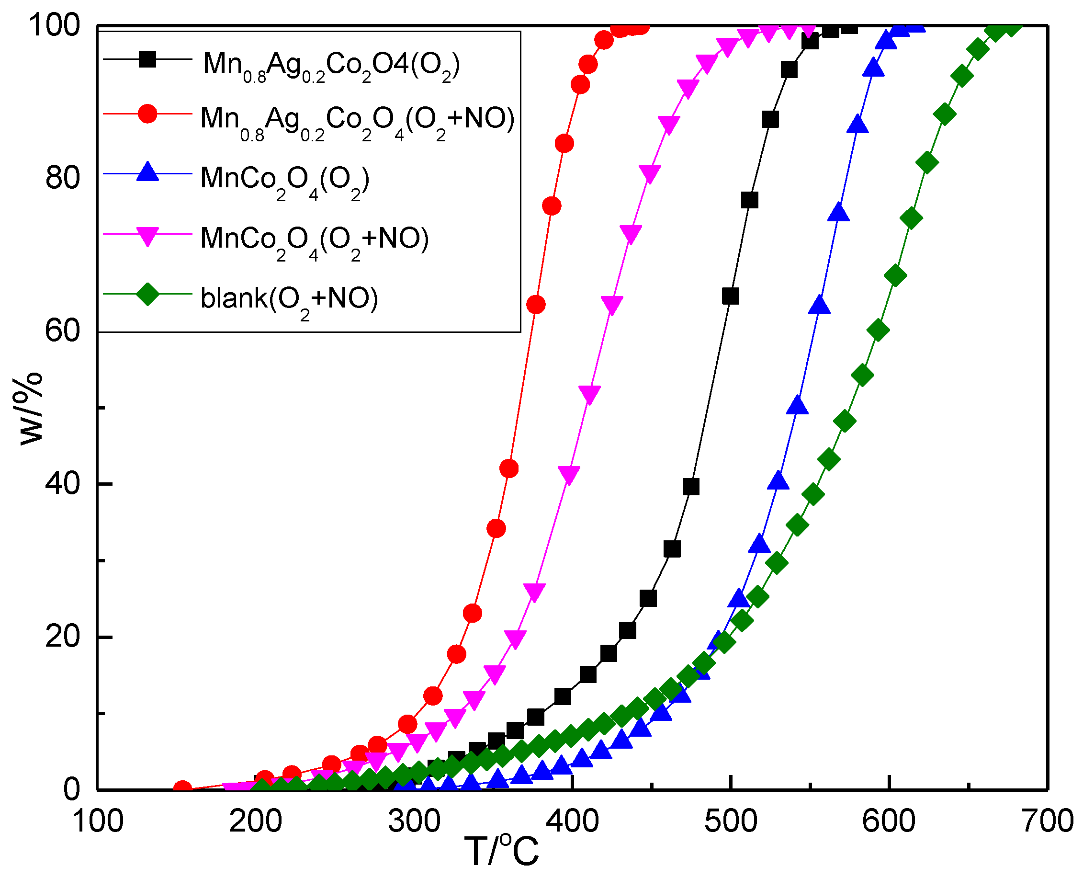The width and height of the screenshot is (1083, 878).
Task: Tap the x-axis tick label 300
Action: [x=414, y=822]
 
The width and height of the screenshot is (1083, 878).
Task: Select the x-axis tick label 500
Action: [x=731, y=822]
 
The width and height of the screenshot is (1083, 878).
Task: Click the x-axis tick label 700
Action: [x=1047, y=822]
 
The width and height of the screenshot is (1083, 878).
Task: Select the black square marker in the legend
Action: [x=147, y=60]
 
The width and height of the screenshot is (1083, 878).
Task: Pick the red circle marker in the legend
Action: [x=147, y=114]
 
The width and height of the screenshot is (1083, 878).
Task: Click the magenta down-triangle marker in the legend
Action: [x=147, y=236]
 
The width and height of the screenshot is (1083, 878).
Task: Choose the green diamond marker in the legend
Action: [x=147, y=295]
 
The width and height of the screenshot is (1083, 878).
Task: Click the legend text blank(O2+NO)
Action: [x=289, y=298]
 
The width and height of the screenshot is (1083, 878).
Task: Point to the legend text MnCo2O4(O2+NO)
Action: [x=314, y=239]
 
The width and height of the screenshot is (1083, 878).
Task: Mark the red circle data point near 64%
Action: [x=535, y=305]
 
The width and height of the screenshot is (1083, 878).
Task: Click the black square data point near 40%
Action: [x=691, y=487]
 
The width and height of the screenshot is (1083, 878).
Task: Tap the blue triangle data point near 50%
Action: [x=797, y=406]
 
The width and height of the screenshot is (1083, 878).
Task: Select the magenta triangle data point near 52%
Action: [x=589, y=393]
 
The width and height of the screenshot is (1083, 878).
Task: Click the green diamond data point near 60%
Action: [x=878, y=330]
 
